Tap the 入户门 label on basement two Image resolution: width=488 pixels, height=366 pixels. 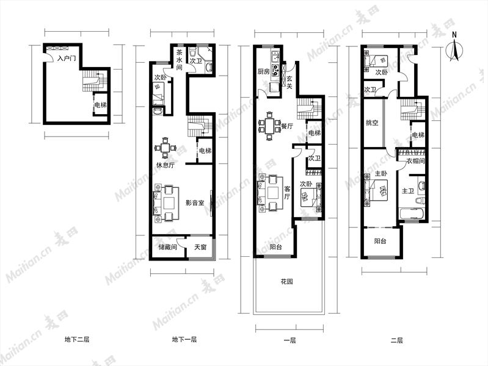click(67, 58)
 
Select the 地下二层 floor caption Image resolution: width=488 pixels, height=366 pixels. click(77, 340)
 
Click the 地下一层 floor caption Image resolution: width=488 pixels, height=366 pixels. click(184, 340)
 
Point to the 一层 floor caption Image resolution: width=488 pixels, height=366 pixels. click(290, 340)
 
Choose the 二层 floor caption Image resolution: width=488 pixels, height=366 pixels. click(397, 340)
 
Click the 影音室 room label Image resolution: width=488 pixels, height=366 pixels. click(195, 203)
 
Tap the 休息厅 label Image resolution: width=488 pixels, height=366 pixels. click(166, 165)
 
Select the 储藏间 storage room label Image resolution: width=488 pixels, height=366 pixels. click(167, 248)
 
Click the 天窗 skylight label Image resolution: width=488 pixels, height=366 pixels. click(200, 248)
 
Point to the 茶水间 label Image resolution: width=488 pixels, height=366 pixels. click(180, 60)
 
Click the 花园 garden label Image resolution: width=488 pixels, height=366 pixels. click(286, 282)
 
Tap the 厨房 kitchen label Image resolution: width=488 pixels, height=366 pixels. click(263, 72)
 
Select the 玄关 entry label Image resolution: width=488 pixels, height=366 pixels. click(289, 82)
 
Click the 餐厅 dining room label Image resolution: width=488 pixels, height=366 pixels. click(286, 126)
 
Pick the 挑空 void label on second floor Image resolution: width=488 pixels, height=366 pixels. click(372, 123)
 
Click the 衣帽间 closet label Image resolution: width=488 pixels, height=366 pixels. click(415, 161)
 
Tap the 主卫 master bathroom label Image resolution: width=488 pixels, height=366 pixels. click(408, 191)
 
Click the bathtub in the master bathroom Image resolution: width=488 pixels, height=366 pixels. click(411, 214)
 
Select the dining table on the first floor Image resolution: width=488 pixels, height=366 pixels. click(269, 126)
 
